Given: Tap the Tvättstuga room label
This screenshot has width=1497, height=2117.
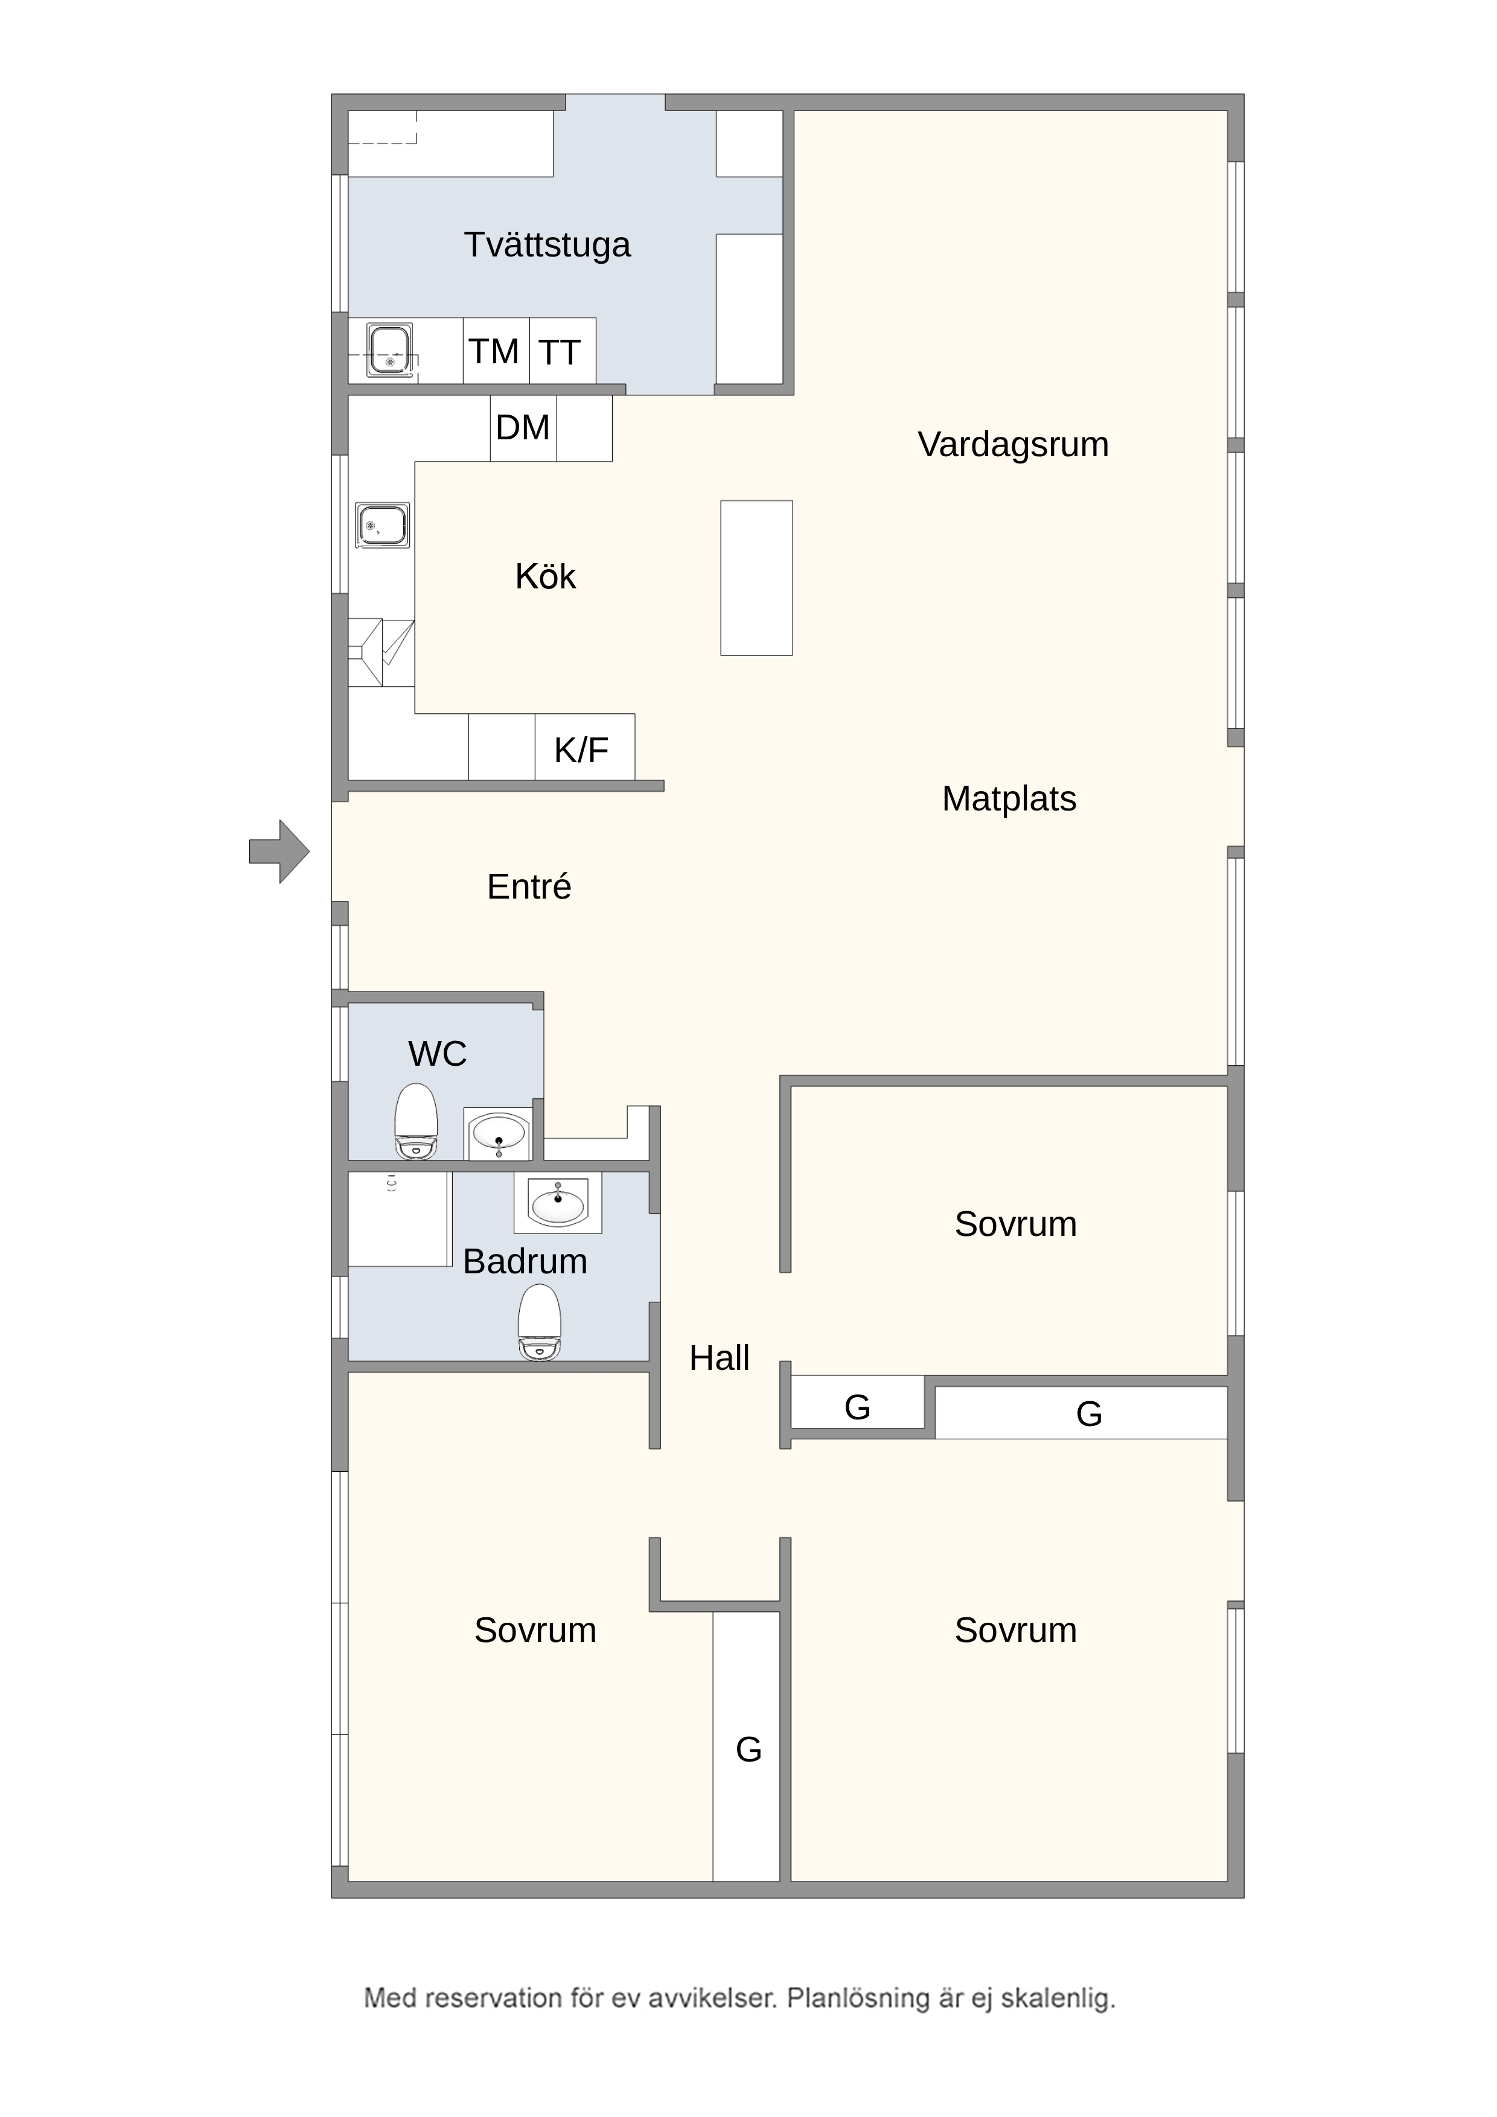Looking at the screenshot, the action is [547, 245].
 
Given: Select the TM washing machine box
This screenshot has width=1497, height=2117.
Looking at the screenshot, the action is [496, 351].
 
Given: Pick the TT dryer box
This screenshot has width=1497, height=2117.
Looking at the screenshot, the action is [563, 351].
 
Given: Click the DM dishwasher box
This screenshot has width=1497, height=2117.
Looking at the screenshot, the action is [523, 428].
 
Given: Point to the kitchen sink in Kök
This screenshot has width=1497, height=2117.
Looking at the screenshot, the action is [383, 526].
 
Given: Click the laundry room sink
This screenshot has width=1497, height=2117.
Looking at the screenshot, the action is [390, 349].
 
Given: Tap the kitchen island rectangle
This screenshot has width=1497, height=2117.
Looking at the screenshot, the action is [756, 578].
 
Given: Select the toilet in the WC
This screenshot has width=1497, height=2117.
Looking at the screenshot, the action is [416, 1121].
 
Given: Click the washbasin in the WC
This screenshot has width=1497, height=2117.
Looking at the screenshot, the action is [498, 1133].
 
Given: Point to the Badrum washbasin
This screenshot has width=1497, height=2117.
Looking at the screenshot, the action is [558, 1202].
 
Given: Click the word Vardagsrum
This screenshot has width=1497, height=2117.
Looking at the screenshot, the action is [1013, 444].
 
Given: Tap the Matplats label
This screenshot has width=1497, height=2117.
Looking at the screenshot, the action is [1009, 798].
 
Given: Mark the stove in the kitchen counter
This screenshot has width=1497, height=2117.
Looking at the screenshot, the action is [381, 653].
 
